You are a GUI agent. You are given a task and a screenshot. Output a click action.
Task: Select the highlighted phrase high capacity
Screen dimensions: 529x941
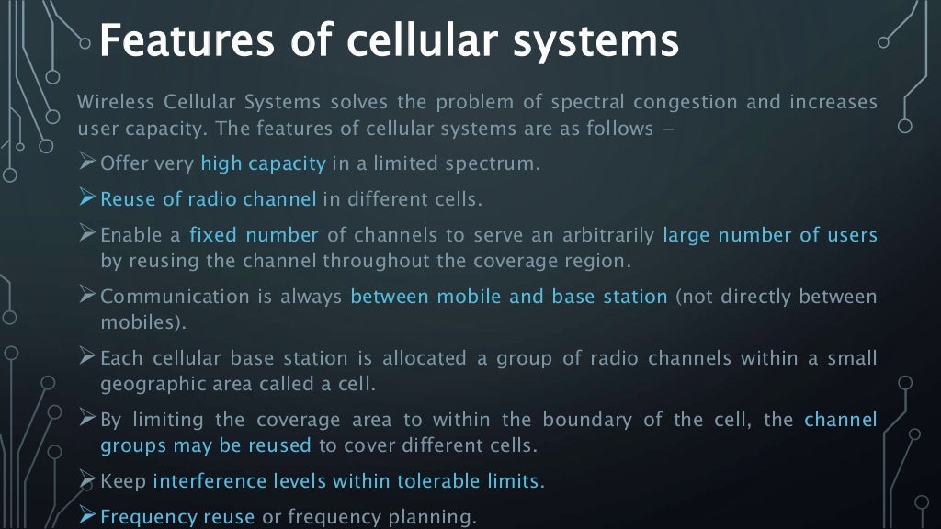[264, 164]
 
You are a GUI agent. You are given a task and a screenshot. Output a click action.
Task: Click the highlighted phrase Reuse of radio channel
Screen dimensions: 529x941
[208, 198]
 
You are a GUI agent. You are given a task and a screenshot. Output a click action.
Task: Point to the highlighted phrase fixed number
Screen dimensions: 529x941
[254, 235]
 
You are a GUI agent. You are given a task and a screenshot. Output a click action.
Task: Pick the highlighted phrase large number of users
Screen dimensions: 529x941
[769, 235]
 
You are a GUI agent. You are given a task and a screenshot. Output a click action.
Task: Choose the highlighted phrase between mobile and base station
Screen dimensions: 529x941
[509, 297]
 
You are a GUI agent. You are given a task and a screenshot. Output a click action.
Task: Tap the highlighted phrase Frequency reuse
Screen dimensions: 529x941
[177, 517]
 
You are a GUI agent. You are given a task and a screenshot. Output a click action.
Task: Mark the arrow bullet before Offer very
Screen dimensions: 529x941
[88, 163]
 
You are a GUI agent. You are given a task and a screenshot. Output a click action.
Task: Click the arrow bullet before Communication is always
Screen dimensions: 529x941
[88, 296]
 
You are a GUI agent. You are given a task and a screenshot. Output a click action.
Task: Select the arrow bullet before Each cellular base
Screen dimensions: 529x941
[88, 357]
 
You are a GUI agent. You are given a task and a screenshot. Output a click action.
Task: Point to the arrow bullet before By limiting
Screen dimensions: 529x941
[88, 419]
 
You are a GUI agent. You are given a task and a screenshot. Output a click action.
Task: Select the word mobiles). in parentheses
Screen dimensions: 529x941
[142, 322]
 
